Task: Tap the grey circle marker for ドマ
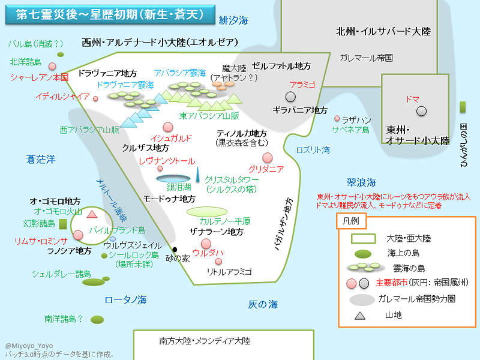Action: pyautogui.click(x=422, y=110)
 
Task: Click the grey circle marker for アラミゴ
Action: pyautogui.click(x=290, y=97)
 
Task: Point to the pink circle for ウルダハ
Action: pyautogui.click(x=206, y=243)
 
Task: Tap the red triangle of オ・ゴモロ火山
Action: pyautogui.click(x=92, y=214)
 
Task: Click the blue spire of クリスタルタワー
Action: pyautogui.click(x=197, y=175)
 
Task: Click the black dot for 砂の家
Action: pyautogui.click(x=175, y=250)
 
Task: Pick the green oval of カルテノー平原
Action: pyautogui.click(x=210, y=211)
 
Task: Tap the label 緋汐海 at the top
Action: pyautogui.click(x=233, y=20)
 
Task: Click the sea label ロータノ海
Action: pyautogui.click(x=125, y=299)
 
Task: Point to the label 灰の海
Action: pyautogui.click(x=263, y=305)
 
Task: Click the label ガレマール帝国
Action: pyautogui.click(x=365, y=58)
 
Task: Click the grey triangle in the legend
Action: pyautogui.click(x=359, y=315)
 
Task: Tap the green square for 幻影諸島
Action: pyautogui.click(x=62, y=223)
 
